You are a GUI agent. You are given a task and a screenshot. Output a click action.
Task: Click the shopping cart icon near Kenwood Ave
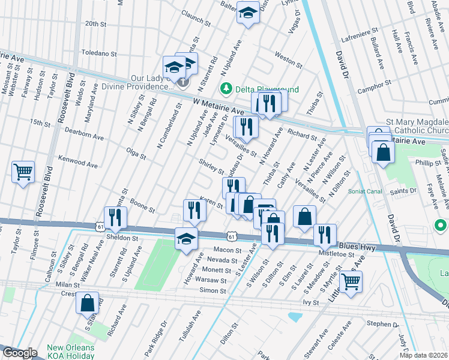click(x=23, y=172)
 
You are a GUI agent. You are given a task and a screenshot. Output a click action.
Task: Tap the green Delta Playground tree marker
click(x=226, y=89)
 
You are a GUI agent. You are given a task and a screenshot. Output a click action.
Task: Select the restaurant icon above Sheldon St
click(x=115, y=217)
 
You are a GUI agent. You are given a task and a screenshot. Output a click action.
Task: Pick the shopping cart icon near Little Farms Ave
click(x=351, y=280)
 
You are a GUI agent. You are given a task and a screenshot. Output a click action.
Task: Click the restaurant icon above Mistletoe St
click(x=325, y=235)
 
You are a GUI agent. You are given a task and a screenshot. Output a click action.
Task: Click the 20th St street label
click(x=95, y=23)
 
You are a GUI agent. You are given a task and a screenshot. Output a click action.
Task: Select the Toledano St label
click(x=97, y=53)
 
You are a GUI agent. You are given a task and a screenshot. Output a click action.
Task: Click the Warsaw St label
click(x=214, y=280)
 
